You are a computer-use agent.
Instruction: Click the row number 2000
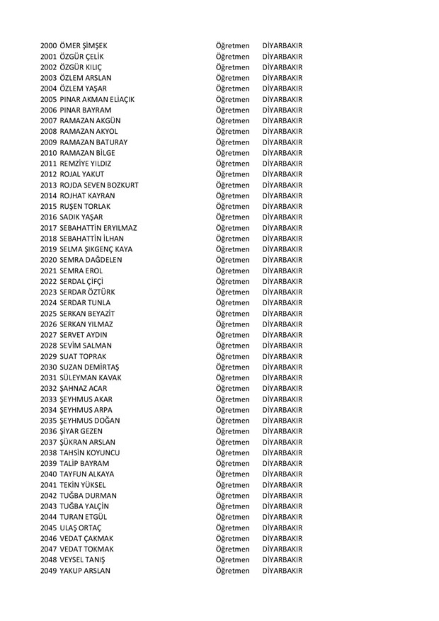click(x=49, y=46)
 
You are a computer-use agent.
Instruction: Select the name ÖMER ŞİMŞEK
click(x=84, y=46)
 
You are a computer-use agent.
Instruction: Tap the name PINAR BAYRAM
click(x=86, y=110)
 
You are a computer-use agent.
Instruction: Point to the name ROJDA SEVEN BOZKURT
click(x=99, y=185)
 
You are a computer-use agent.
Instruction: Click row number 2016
click(x=49, y=217)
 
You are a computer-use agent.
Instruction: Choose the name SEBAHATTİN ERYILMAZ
click(x=98, y=228)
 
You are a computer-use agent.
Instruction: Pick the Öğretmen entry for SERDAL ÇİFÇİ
click(x=232, y=282)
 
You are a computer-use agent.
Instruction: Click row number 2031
click(x=49, y=378)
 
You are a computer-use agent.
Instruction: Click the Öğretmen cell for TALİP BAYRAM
click(x=232, y=464)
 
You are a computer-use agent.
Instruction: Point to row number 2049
click(x=49, y=571)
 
